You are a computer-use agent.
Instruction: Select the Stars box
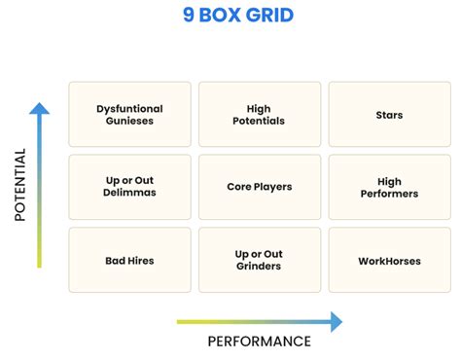389,115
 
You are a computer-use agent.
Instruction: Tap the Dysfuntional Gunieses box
129,115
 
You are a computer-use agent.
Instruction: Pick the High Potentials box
259,115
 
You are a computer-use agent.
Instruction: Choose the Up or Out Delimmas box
129,187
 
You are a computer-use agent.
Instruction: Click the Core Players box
259,187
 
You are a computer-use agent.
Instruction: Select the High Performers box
389,187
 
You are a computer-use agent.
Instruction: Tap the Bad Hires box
129,260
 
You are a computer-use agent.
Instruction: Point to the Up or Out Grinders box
259,260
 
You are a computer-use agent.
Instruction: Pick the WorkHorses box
389,260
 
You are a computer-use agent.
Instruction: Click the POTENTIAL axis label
19,185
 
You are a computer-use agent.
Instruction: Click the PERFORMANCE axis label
259,342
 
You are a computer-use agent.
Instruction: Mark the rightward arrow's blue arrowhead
336,321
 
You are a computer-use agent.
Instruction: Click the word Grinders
259,267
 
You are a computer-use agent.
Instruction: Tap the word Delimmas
129,193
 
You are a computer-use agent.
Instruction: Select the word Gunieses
129,122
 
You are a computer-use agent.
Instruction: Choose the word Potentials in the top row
259,122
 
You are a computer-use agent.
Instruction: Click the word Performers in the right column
389,194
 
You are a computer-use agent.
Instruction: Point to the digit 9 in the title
189,17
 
